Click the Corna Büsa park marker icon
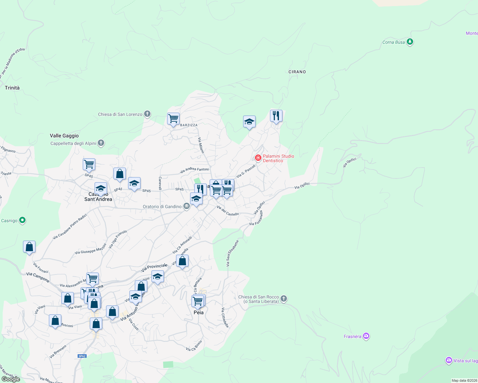coord(410,42)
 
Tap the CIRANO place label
coord(297,72)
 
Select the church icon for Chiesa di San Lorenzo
coord(147,114)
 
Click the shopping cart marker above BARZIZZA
coord(173,119)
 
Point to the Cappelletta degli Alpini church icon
coord(101,143)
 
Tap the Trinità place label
coord(12,88)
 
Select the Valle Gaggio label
coord(64,136)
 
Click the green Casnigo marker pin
coord(22,220)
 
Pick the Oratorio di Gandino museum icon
coord(187,206)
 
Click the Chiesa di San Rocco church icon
coord(284,299)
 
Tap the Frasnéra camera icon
coord(366,336)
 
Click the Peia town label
coord(198,312)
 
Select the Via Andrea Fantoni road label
coord(195,170)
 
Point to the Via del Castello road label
coord(227,211)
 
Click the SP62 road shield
coord(82,356)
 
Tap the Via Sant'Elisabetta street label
coord(232,253)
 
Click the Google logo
coord(11,379)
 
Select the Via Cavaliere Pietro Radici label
coord(70,227)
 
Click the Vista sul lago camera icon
coord(449,360)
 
